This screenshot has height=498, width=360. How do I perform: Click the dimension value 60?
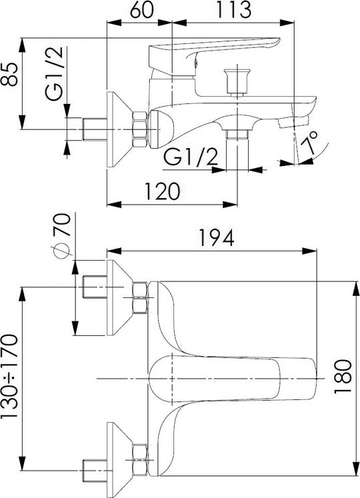click(141, 10)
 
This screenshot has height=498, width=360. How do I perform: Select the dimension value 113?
click(233, 10)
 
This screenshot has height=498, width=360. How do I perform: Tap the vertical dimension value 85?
click(10, 74)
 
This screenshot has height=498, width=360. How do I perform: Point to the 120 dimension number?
click(162, 191)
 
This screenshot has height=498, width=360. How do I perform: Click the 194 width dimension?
click(217, 238)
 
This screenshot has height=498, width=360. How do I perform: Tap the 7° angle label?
click(313, 143)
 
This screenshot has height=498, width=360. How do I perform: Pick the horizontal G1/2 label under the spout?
click(191, 157)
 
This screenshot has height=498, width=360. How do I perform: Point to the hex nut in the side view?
click(140, 129)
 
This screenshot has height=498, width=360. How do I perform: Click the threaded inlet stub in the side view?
click(95, 129)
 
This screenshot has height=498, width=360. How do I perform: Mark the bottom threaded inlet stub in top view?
click(95, 470)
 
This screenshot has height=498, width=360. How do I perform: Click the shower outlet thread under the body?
click(237, 134)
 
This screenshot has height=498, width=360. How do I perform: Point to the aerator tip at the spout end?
click(294, 122)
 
